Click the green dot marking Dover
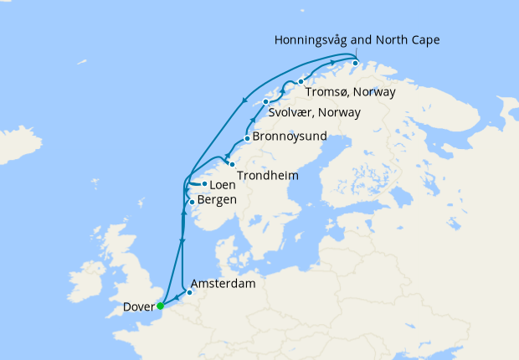pos(160,306)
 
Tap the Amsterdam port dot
pos(189,292)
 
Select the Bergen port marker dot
pos(192,202)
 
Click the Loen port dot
pos(204,183)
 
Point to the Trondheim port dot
pos(232,163)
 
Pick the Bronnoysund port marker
pos(246,139)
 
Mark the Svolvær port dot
pos(266,102)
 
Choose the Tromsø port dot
pos(300,81)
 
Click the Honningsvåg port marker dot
pos(355,63)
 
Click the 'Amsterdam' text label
pos(223,285)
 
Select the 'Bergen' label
pos(217,200)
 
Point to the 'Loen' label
pos(222,184)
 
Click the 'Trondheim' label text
pos(267,176)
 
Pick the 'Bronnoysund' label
pos(290,136)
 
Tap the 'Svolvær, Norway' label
pos(314,112)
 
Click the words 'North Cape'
pos(410,40)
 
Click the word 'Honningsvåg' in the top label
pos(312,40)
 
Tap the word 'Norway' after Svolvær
pos(341,112)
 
